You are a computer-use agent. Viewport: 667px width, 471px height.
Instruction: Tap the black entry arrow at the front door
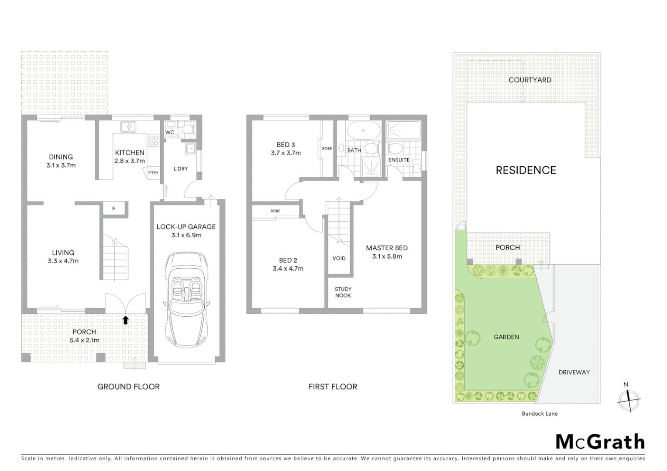tap(125, 321)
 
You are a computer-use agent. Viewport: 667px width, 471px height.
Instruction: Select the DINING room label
tap(61, 157)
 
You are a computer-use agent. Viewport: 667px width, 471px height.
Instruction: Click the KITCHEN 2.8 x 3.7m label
tap(130, 157)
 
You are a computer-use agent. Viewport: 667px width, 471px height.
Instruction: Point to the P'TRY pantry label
tap(153, 173)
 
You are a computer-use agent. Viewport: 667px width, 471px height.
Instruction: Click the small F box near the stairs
tap(114, 209)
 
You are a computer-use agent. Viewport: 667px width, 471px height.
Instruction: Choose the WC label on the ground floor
tap(170, 133)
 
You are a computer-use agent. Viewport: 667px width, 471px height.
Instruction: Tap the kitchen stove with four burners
tap(154, 140)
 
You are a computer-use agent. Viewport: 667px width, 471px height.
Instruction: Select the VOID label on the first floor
tap(339, 258)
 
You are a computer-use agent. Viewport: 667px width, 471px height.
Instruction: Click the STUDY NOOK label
tap(343, 292)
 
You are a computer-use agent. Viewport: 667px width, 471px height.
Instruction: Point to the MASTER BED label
tap(387, 248)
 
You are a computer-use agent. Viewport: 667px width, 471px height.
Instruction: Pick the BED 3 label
tap(286, 145)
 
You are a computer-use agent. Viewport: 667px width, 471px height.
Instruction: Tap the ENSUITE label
tap(399, 160)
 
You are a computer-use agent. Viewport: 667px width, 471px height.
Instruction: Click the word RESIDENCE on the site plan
tap(526, 170)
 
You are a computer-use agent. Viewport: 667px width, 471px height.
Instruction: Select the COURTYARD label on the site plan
tap(529, 80)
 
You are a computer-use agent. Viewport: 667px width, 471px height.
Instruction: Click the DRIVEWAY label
tap(574, 372)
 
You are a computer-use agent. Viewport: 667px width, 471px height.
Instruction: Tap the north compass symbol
tap(629, 399)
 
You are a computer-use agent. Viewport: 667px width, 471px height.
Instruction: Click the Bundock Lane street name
tap(540, 413)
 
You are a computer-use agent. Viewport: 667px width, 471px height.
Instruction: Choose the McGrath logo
tap(600, 442)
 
